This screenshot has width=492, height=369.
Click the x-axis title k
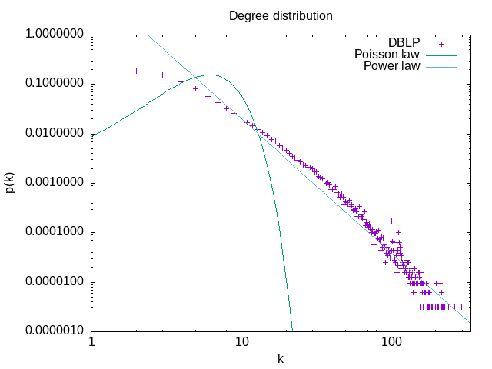pos(281,358)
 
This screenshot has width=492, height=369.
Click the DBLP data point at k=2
pos(137,71)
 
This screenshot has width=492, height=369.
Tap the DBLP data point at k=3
pos(163,75)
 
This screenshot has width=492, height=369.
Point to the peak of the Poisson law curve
pos(210,75)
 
